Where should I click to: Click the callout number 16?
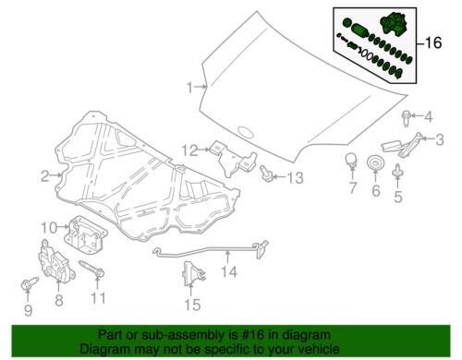[x=433, y=42]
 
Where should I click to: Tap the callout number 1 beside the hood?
[x=190, y=88]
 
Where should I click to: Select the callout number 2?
[x=45, y=176]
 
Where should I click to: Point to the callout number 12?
[x=189, y=150]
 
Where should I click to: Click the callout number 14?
[x=229, y=271]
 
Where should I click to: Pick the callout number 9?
[x=28, y=310]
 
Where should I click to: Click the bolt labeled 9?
[x=30, y=283]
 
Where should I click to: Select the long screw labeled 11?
[x=91, y=269]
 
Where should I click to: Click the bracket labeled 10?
[x=85, y=234]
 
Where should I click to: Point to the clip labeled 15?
[x=192, y=274]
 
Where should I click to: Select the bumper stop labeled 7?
[x=351, y=161]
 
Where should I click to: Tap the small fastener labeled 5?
[x=397, y=171]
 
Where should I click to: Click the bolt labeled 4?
[x=406, y=118]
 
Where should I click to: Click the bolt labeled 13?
[x=266, y=174]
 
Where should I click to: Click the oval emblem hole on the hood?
[x=246, y=131]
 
